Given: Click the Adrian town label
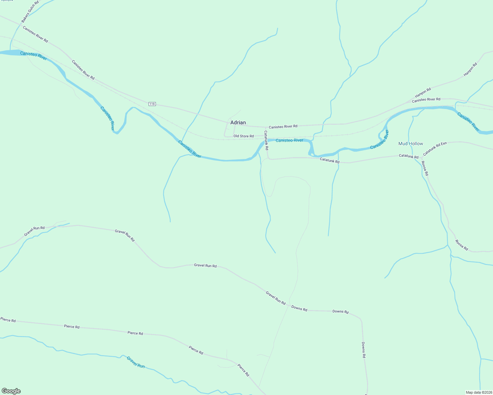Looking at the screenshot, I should click(x=238, y=122).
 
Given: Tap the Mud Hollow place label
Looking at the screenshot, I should click(x=411, y=144).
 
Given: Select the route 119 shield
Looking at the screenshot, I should click(x=152, y=104).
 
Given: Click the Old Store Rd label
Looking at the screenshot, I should click(x=244, y=136).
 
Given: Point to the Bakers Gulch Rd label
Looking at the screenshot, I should click(x=30, y=12).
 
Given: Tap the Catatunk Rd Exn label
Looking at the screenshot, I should click(x=435, y=148).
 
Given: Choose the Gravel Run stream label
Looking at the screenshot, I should click(x=136, y=362).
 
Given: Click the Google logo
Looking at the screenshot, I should click(x=11, y=391).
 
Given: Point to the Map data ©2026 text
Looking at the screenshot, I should click(x=478, y=392).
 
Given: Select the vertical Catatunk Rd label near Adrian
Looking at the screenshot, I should click(x=266, y=141).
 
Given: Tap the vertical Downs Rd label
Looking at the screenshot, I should click(x=363, y=350).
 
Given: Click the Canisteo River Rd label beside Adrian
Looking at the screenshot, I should click(x=283, y=126).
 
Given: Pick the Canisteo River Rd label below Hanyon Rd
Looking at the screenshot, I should click(x=426, y=99).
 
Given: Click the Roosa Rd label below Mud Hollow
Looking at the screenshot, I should click(x=425, y=168).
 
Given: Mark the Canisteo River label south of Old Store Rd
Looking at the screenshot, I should click(x=289, y=141).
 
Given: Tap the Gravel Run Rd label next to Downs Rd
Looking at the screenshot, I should click(x=275, y=298).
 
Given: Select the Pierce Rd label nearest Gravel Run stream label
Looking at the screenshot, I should click(x=135, y=333).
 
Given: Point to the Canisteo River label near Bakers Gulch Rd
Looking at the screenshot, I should click(x=33, y=56).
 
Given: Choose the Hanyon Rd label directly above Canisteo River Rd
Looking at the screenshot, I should click(x=423, y=93).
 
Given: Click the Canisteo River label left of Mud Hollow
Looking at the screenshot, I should click(x=380, y=140).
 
